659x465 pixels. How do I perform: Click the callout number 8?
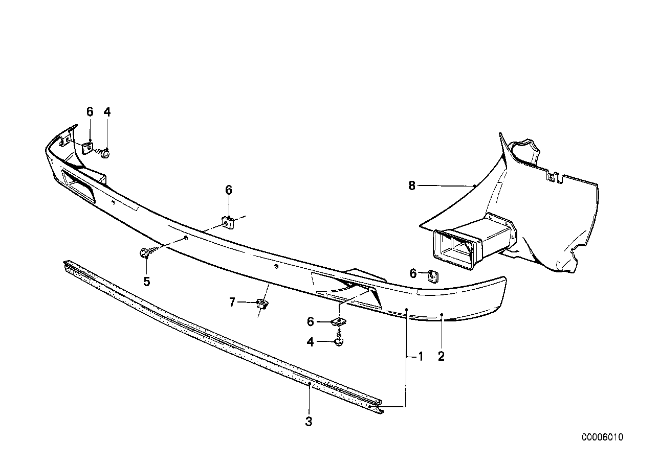412,186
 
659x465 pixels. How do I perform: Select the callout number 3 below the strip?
309,422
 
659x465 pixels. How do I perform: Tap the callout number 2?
441,356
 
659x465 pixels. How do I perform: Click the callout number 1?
421,356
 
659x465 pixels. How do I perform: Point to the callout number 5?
147,281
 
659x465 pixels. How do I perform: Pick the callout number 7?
232,303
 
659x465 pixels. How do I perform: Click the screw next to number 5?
144,252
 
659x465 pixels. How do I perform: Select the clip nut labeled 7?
262,305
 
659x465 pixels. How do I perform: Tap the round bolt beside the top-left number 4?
105,152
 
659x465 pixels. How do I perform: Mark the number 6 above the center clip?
229,190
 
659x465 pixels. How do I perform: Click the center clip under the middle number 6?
228,222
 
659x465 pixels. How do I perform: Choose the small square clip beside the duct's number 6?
433,276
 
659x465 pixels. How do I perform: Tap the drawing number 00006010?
602,437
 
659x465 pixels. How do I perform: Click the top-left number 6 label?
90,112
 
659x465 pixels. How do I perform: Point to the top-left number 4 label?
107,112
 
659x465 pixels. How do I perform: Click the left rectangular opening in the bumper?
77,187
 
